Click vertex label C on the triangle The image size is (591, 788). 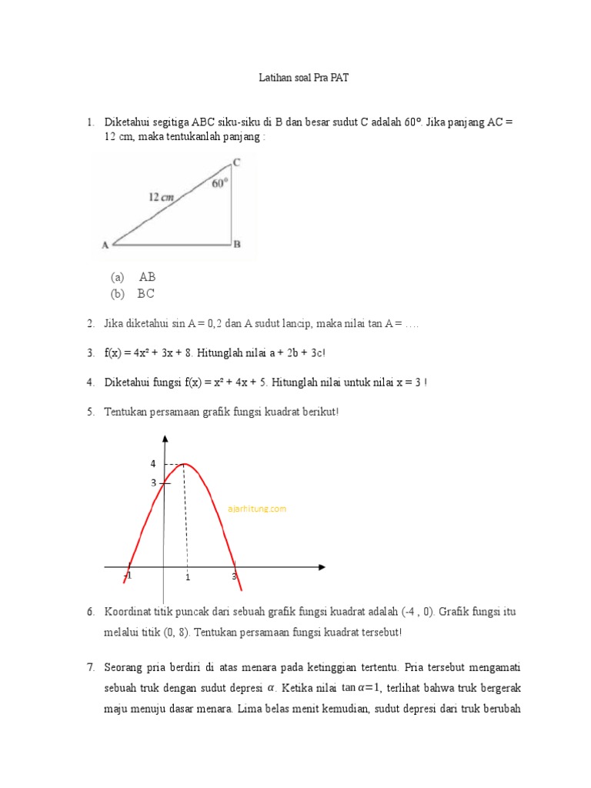tap(236, 162)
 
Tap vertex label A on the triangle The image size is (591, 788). tap(105, 245)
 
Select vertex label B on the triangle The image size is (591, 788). tap(237, 245)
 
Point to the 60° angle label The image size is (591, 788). tap(220, 183)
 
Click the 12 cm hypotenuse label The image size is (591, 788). tap(161, 197)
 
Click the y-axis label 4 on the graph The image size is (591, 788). tap(152, 464)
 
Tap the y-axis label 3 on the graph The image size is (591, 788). tap(153, 482)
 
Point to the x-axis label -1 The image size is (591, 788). tap(128, 576)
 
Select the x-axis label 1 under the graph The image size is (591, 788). tap(187, 576)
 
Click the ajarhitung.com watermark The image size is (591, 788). tap(258, 509)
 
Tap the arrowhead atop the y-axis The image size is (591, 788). tap(164, 438)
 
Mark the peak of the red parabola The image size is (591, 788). tap(184, 464)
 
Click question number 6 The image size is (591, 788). tap(90, 612)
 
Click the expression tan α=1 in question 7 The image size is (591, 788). tap(361, 687)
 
